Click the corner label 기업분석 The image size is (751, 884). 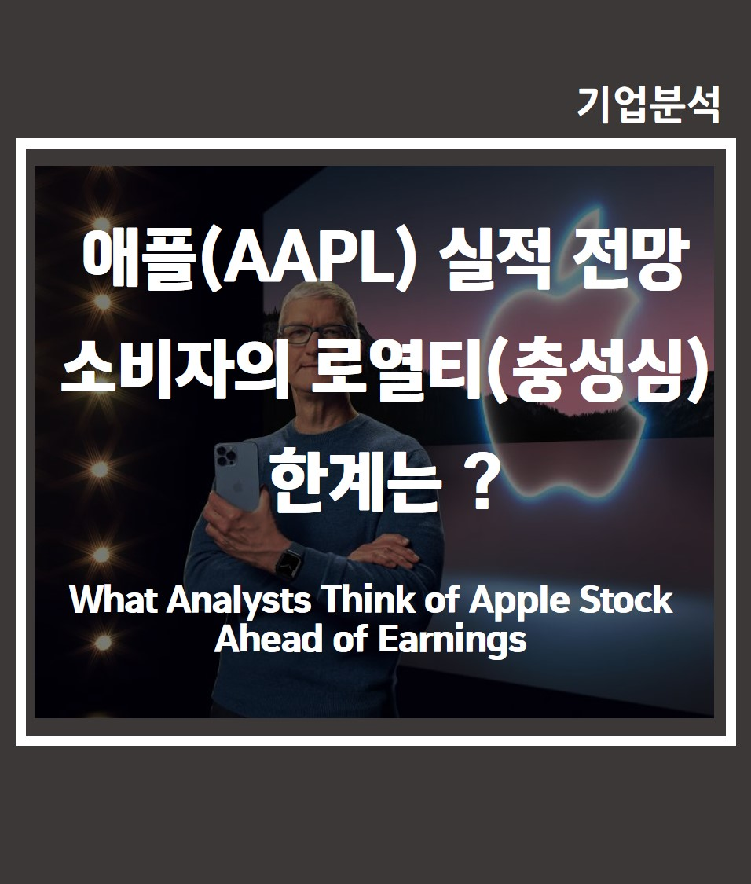pos(649,105)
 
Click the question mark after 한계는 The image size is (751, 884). pos(481,484)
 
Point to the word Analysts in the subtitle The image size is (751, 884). pos(239,601)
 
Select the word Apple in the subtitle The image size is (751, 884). pos(514,601)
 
